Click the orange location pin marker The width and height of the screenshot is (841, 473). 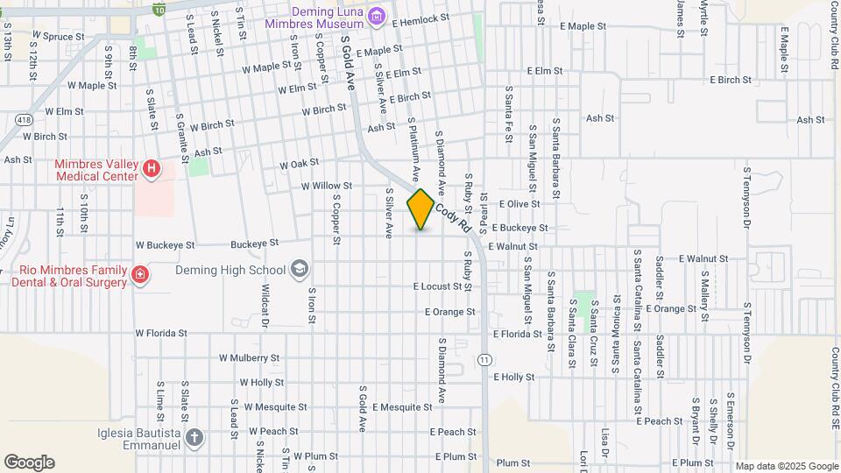[420, 209]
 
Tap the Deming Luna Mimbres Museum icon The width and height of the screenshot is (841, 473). [377, 15]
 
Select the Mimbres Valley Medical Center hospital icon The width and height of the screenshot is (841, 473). [152, 167]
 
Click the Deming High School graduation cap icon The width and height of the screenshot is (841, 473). [300, 269]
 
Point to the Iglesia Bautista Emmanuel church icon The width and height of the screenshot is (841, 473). [194, 436]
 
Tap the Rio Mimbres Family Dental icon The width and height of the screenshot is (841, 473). [139, 277]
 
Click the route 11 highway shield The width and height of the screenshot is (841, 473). [484, 360]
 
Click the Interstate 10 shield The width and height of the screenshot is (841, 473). [158, 8]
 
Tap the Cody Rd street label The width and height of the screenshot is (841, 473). [449, 213]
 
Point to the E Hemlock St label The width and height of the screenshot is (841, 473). [420, 18]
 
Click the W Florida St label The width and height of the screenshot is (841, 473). [161, 334]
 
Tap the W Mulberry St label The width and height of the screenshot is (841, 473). [249, 358]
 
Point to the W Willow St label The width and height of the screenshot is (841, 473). [326, 186]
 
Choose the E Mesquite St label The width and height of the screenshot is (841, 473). [403, 407]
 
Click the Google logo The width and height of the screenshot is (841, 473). [29, 462]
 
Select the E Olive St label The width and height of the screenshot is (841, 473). [519, 203]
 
